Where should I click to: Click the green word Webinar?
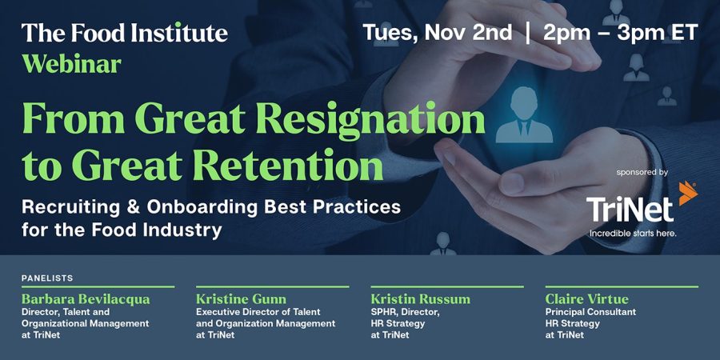(x=71, y=65)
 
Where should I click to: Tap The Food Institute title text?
(x=125, y=33)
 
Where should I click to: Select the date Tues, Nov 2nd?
(x=437, y=33)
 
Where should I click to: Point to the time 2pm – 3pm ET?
(x=620, y=32)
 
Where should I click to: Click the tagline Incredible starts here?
(x=633, y=234)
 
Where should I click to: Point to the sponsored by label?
(x=642, y=173)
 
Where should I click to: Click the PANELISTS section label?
(x=47, y=278)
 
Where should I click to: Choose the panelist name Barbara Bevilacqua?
(x=86, y=299)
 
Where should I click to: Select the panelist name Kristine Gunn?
(x=241, y=299)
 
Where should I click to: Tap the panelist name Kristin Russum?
(x=421, y=299)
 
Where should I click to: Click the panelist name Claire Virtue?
(x=587, y=299)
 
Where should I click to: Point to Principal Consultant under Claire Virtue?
(x=590, y=312)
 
